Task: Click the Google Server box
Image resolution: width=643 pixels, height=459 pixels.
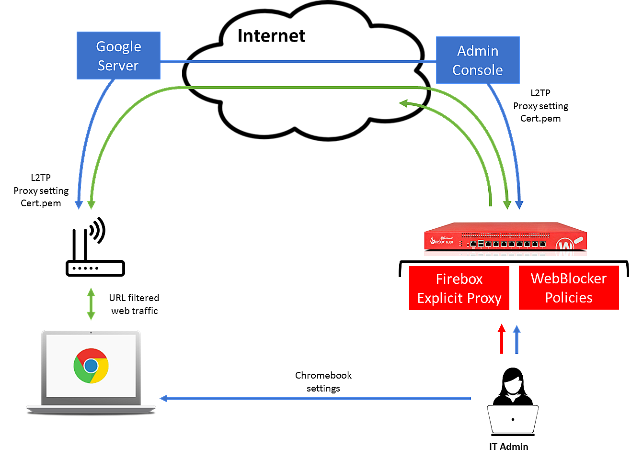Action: [x=118, y=56]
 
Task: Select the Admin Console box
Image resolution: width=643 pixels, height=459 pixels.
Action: [x=478, y=60]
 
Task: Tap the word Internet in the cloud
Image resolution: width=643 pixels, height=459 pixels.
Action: [x=271, y=36]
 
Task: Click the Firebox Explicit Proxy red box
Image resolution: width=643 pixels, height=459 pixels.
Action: [x=459, y=288]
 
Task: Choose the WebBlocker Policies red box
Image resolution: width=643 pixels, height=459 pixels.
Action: [x=569, y=288]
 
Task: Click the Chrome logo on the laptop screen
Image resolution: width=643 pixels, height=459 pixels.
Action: [x=91, y=366]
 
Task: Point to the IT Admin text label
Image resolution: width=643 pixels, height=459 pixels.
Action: [x=508, y=447]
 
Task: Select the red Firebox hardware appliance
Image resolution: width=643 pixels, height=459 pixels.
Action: [x=505, y=237]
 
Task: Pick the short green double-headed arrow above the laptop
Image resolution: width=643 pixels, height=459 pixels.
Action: [x=91, y=304]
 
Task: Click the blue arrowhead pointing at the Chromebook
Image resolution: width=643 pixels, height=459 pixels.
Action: [x=164, y=398]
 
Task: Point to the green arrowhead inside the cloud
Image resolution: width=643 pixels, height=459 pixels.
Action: [x=404, y=103]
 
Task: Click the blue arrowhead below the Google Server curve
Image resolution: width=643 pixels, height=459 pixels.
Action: [x=79, y=205]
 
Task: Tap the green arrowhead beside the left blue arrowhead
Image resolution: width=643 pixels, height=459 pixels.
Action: [x=91, y=205]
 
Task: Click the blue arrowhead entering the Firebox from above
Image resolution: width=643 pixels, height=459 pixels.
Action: [x=519, y=205]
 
